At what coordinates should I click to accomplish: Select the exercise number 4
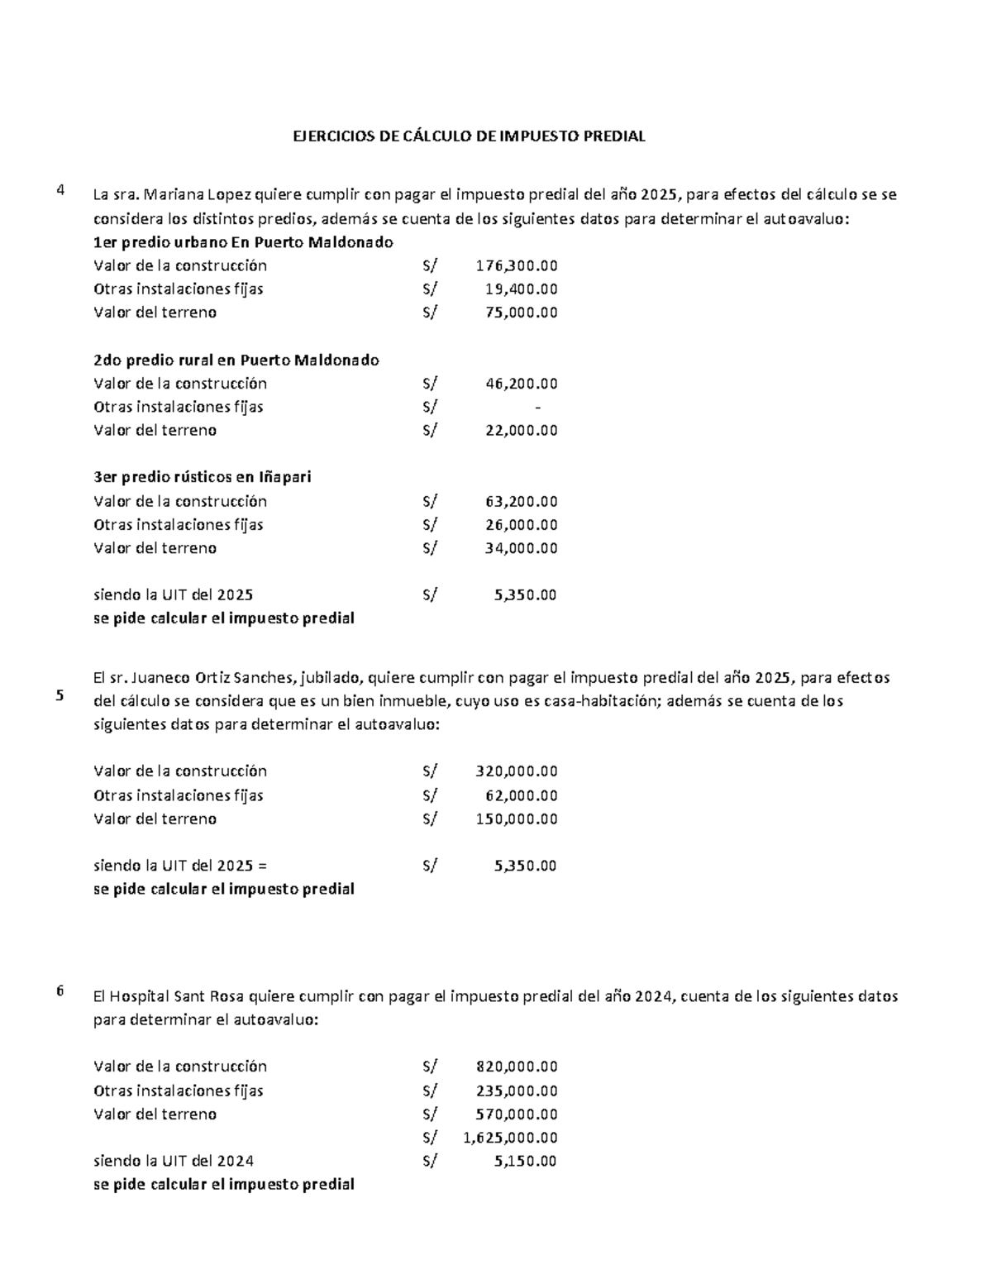click(60, 191)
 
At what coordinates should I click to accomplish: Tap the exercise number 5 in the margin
click(60, 695)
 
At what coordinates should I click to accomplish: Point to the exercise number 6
click(60, 992)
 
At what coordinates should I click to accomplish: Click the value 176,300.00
click(517, 265)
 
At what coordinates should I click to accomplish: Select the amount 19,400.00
click(521, 289)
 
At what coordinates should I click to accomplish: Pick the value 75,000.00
click(521, 313)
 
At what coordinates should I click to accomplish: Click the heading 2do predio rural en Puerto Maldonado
click(236, 360)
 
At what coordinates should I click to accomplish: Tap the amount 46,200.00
click(521, 384)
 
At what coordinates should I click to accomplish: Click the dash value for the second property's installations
click(538, 407)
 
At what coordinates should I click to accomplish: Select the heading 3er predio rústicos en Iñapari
click(203, 478)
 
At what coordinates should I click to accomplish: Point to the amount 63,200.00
click(521, 501)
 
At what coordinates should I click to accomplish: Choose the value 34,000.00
click(521, 548)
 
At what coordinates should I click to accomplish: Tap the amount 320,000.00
click(517, 771)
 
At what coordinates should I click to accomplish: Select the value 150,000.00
click(517, 819)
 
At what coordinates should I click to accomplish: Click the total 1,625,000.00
click(511, 1137)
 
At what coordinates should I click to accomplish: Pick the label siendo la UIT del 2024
click(174, 1161)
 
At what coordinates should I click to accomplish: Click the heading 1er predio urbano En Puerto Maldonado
click(243, 242)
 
